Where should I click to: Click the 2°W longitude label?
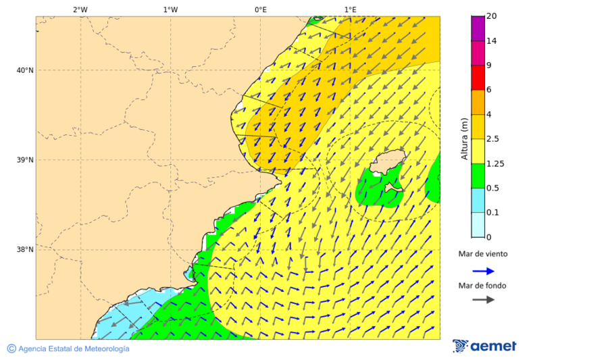click(x=80, y=9)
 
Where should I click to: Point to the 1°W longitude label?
click(x=170, y=9)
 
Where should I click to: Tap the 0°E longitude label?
click(x=260, y=9)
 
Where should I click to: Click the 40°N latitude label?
click(x=24, y=70)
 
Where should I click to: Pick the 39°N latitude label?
click(x=24, y=160)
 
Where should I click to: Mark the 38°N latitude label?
click(x=24, y=250)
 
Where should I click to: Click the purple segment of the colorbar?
click(x=478, y=28)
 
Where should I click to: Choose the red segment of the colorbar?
click(x=478, y=78)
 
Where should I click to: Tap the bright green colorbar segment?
click(x=478, y=176)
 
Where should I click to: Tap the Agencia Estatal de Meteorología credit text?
click(x=68, y=349)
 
